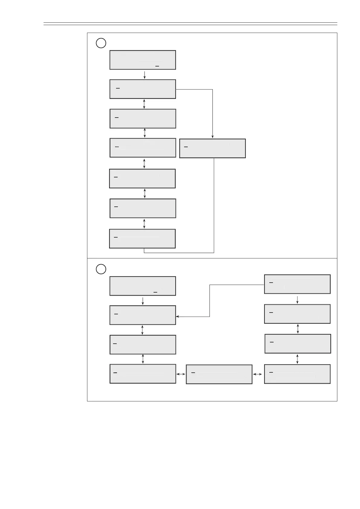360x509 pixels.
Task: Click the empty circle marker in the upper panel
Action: coord(101,43)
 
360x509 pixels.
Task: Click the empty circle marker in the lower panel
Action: coord(101,269)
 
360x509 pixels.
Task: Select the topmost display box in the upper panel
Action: coord(143,60)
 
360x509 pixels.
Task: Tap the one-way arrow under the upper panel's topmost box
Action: coord(145,75)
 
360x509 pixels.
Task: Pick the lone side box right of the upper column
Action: coord(212,148)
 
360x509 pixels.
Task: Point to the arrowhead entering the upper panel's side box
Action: coord(212,137)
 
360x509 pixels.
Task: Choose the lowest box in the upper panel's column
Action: coord(142,239)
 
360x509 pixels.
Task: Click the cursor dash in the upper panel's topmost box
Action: coord(157,66)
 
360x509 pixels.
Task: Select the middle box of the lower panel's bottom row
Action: coord(219,374)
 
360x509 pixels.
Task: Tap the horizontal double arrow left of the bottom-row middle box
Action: coord(181,374)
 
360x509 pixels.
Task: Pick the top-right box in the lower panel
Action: coord(297,284)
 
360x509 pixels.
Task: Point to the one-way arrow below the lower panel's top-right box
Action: coord(298,299)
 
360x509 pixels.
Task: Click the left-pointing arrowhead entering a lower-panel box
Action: coord(178,316)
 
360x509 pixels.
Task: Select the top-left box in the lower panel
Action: coord(143,286)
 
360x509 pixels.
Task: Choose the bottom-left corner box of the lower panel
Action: coord(143,374)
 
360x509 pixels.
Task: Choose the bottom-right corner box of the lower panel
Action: coord(297,374)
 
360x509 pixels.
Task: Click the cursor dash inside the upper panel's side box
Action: coord(186,147)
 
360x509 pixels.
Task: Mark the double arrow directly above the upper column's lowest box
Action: coord(144,224)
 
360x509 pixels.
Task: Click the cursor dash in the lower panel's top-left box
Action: coord(156,292)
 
